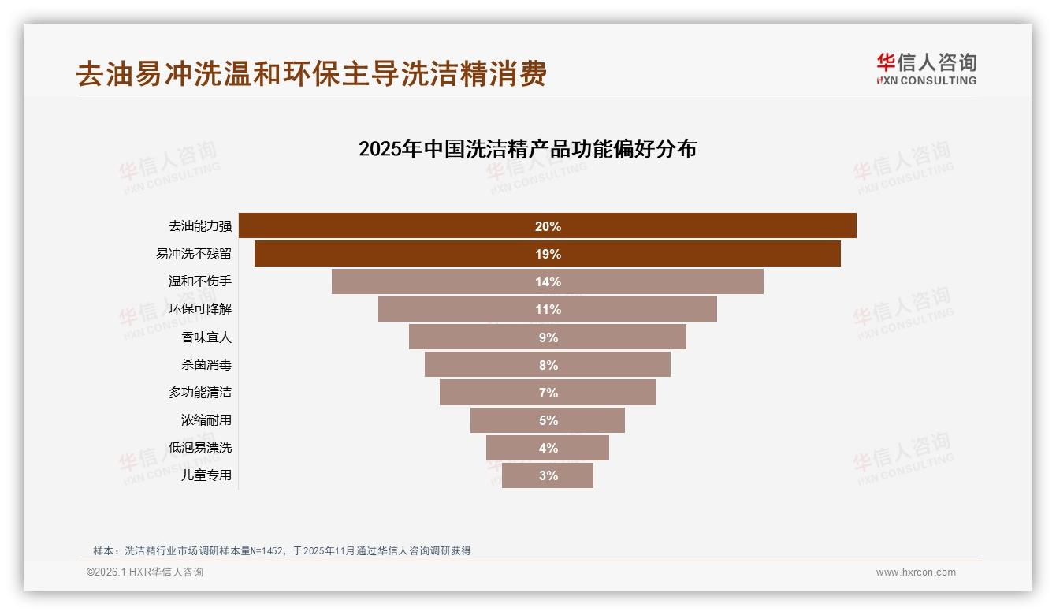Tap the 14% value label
[548, 281]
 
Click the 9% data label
[548, 337]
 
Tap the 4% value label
[548, 448]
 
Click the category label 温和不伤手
[200, 281]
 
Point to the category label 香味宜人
[206, 337]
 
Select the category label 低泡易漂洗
[200, 448]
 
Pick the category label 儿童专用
[206, 475]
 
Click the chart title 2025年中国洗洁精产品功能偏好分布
[527, 149]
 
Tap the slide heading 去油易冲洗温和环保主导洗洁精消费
[311, 74]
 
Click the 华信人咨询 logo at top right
[926, 69]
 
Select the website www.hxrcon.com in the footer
[916, 572]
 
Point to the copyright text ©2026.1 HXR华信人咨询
[145, 572]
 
